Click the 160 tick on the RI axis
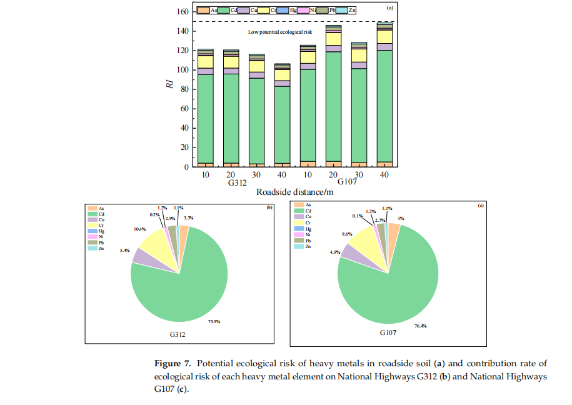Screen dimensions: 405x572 (181, 12)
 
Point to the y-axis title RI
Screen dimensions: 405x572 (169, 85)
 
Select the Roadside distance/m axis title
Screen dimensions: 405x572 (294, 191)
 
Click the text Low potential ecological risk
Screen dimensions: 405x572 (280, 31)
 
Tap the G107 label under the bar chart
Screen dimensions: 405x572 (348, 182)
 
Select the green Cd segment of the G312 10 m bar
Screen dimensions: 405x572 (206, 119)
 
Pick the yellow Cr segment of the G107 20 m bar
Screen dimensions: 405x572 (334, 39)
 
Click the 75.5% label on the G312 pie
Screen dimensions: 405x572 (213, 321)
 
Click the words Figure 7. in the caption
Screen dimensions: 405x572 (171, 364)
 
